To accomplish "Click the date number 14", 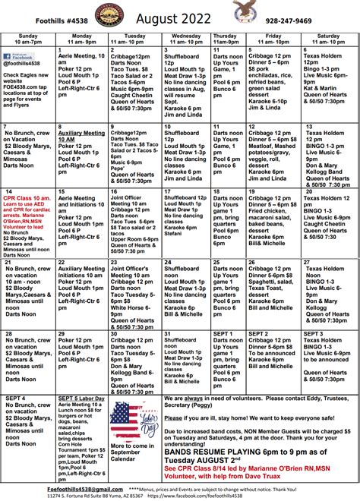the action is (8, 191).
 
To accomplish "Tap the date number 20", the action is (308, 191).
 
